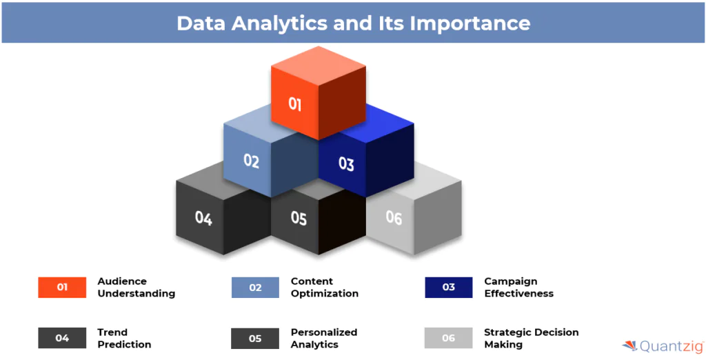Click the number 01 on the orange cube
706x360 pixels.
[x=294, y=105]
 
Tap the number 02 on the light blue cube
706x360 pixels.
[x=251, y=161]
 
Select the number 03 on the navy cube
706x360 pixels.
[x=346, y=164]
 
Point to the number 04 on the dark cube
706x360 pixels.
[x=203, y=218]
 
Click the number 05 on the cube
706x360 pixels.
[x=299, y=218]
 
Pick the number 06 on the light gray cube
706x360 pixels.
[x=394, y=218]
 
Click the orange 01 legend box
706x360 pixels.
[x=62, y=288]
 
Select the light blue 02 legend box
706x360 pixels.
[x=255, y=288]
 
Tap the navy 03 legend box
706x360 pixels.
[x=448, y=288]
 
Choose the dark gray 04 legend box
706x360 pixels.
[x=62, y=338]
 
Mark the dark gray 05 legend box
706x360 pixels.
[x=255, y=338]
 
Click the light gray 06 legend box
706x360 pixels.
[x=448, y=338]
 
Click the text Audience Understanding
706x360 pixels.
[x=136, y=288]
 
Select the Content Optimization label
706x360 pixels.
[x=325, y=288]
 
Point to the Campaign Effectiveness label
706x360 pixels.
[x=518, y=288]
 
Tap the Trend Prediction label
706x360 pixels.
[x=124, y=339]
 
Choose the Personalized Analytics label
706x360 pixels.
[x=324, y=339]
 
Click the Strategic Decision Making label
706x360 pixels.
[x=532, y=339]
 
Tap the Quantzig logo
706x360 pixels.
[x=663, y=346]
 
